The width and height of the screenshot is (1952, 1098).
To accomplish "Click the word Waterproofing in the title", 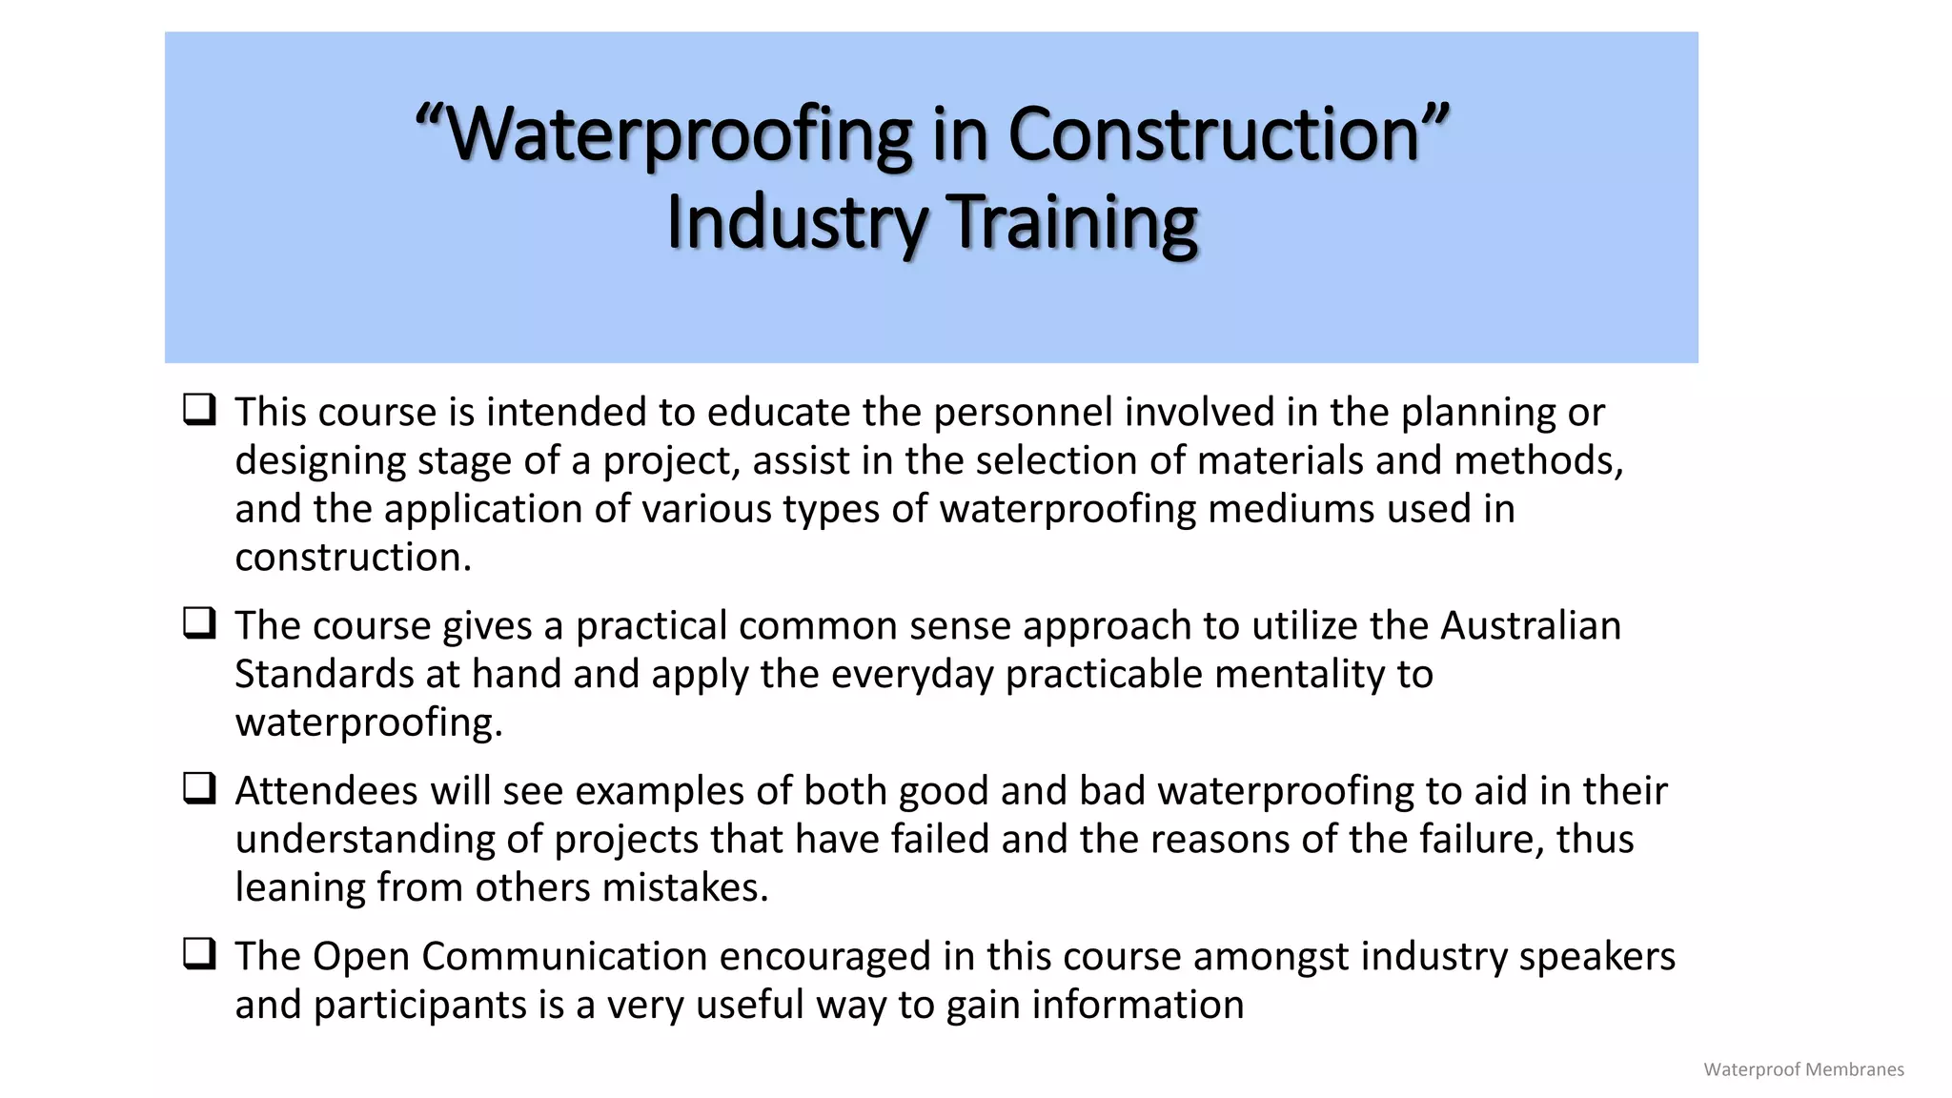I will (x=679, y=134).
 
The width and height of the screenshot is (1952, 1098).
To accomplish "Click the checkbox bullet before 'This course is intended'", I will (x=199, y=410).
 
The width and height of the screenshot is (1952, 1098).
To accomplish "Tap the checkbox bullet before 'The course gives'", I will (x=199, y=623).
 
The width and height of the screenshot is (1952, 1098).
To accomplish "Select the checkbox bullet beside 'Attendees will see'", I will (x=199, y=788).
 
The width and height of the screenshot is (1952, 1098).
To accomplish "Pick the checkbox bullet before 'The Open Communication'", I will (x=199, y=954).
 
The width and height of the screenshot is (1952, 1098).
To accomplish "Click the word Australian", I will (x=1531, y=626).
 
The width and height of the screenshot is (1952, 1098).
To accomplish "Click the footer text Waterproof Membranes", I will (x=1803, y=1069).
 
